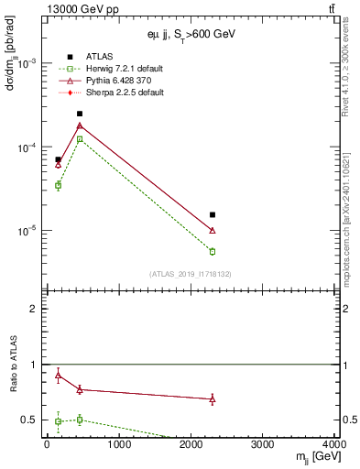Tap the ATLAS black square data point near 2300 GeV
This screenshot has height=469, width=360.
(x=213, y=215)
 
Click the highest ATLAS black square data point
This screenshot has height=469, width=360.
(x=80, y=114)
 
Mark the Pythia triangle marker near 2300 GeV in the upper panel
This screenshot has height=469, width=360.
(x=213, y=231)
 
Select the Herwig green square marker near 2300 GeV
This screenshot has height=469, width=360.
(x=213, y=251)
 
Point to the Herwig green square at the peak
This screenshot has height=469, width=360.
(x=80, y=139)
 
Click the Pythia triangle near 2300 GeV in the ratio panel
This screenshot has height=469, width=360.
(x=213, y=399)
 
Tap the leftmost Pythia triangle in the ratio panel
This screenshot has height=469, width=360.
(x=58, y=376)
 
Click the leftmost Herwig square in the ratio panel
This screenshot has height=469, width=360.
(x=58, y=421)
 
